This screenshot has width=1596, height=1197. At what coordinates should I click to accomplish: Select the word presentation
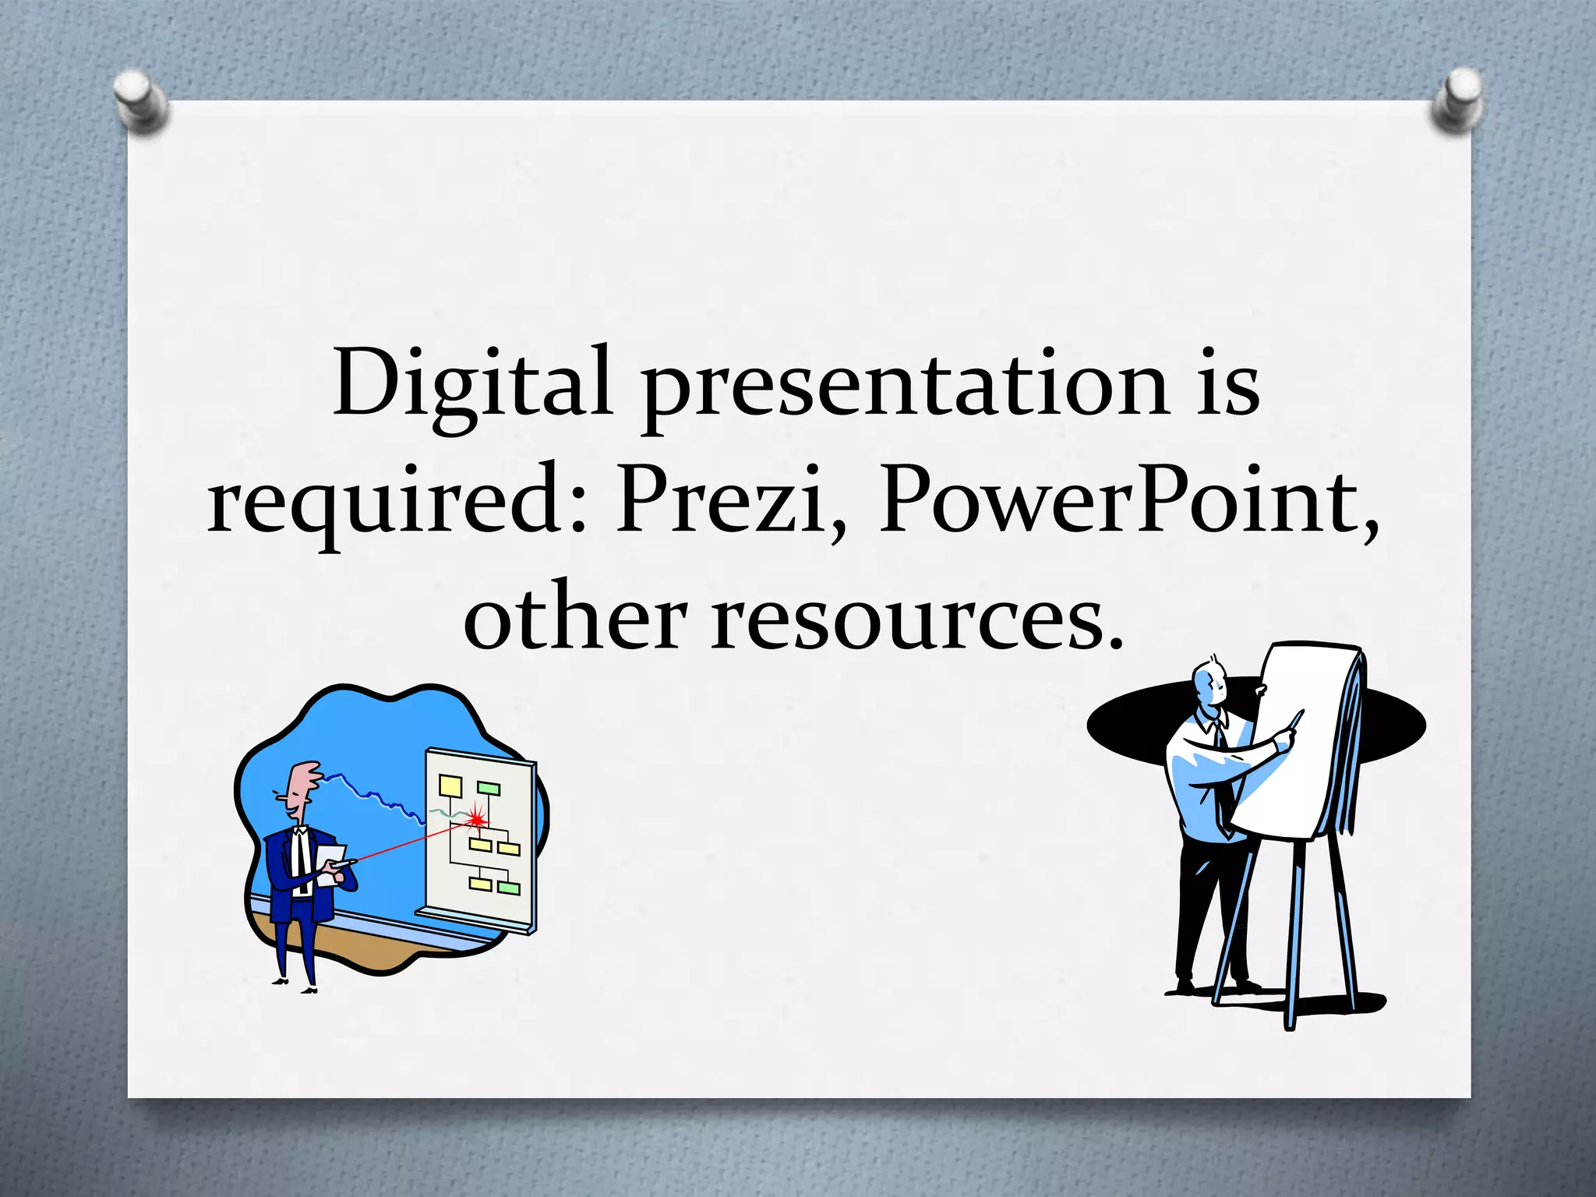(904, 390)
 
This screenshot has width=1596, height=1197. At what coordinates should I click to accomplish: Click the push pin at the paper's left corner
(140, 100)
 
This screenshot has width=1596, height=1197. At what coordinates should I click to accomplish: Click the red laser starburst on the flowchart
(476, 817)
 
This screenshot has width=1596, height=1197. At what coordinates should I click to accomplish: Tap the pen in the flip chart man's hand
(1294, 721)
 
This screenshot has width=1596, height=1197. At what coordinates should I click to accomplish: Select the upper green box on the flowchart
(489, 788)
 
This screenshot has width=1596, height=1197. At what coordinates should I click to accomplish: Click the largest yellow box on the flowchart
(450, 785)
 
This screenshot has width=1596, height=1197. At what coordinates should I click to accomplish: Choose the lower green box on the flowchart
(508, 888)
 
